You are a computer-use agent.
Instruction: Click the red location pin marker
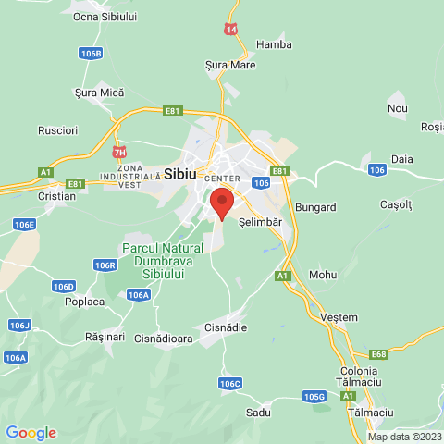221,202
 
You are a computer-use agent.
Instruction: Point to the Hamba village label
274,44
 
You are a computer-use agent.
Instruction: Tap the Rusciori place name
57,131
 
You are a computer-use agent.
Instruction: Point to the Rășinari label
104,338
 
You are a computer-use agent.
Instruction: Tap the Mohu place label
324,275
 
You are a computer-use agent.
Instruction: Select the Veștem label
339,317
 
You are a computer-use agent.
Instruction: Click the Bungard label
316,207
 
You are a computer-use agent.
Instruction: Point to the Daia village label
402,159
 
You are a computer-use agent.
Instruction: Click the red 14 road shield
230,30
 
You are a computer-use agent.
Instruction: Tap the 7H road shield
119,152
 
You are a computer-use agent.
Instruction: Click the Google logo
31,432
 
